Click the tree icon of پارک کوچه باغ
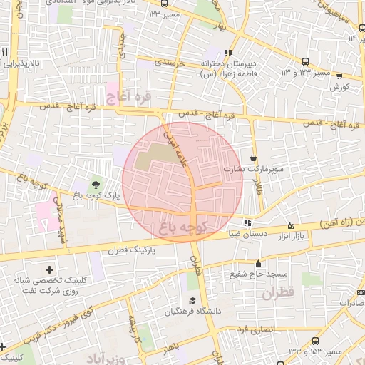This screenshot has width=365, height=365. pyautogui.click(x=96, y=185)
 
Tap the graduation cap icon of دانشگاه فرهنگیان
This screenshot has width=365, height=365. pyautogui.click(x=191, y=302)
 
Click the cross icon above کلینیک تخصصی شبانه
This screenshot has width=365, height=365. pyautogui.click(x=48, y=269)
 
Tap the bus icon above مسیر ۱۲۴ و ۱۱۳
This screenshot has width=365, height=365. pyautogui.click(x=305, y=62)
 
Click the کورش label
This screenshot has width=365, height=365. pyautogui.click(x=339, y=87)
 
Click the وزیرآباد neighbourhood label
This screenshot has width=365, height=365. pyautogui.click(x=107, y=356)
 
